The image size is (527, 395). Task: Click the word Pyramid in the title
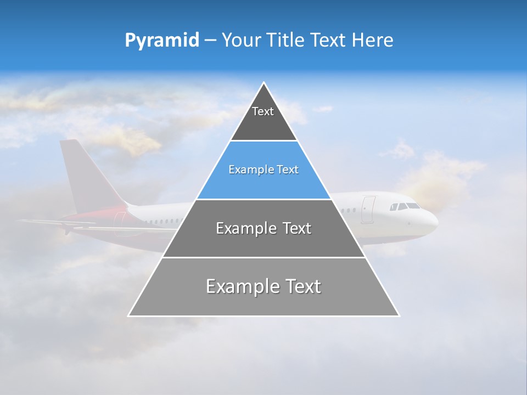pos(161,41)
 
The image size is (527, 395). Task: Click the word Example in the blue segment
pos(246,170)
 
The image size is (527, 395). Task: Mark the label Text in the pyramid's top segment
pos(262,111)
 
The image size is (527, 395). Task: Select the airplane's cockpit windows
pos(404,206)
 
